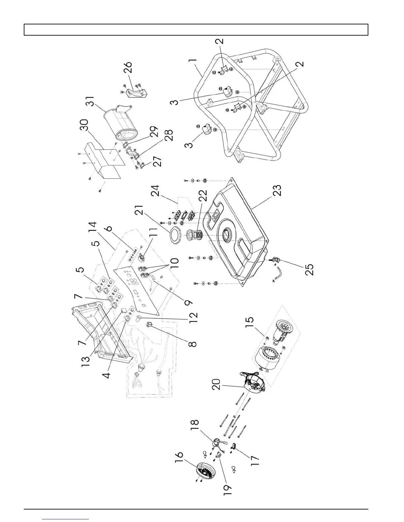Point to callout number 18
[x=194, y=426]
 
